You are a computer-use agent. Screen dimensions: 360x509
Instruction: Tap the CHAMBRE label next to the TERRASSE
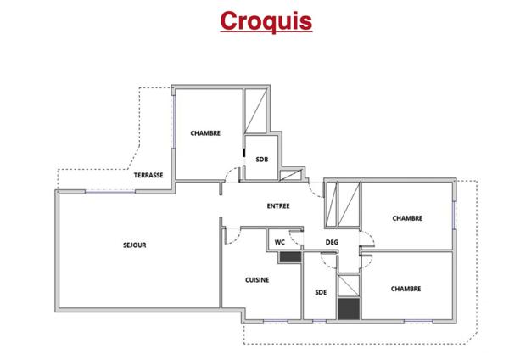tap(205, 132)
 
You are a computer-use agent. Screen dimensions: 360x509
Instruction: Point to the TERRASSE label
tap(148, 174)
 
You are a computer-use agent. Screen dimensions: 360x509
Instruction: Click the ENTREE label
tap(278, 205)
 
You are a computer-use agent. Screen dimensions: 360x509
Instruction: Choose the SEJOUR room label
tap(135, 245)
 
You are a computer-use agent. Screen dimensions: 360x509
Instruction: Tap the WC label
tap(279, 242)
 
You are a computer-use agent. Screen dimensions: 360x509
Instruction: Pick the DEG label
tap(333, 242)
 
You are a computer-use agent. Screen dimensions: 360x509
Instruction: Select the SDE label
tap(321, 292)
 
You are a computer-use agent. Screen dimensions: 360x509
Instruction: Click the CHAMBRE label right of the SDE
tap(407, 289)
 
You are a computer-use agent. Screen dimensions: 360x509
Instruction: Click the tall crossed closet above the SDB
tap(257, 111)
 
